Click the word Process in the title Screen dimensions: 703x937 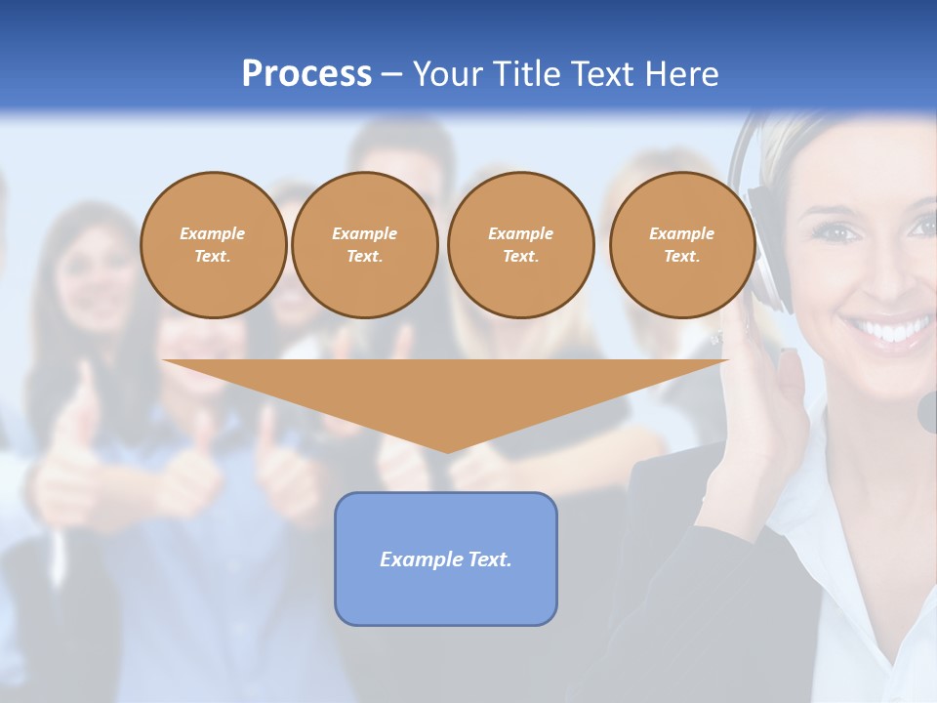point(306,74)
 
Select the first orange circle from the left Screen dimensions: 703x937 point(213,245)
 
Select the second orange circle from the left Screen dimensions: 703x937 point(364,245)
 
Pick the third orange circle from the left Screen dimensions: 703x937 point(520,245)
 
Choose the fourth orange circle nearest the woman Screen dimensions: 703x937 point(681,245)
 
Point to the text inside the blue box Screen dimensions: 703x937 point(445,559)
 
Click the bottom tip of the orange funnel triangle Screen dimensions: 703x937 point(446,450)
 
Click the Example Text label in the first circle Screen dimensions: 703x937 point(213,245)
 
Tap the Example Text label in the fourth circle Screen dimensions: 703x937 point(681,245)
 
